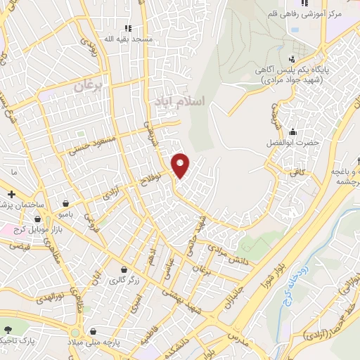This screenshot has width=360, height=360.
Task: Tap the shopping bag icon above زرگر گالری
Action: click(x=124, y=270)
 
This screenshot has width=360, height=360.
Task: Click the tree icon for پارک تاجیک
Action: click(x=7, y=329)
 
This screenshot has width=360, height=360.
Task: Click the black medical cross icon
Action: click(x=11, y=193)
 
